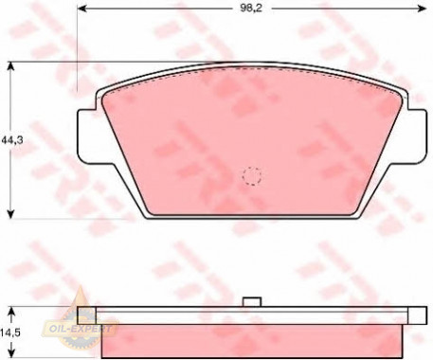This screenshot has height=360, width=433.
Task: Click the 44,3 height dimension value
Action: point(12,140)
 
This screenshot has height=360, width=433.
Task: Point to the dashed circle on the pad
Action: point(252,176)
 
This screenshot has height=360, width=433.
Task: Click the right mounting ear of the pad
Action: point(417,136)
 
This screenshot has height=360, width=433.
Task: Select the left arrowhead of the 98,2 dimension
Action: point(81,9)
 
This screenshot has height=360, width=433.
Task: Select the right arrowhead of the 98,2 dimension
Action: point(423,9)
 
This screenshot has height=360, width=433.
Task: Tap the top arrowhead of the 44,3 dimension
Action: point(11,66)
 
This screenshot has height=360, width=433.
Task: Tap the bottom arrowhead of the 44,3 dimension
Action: point(11,214)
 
